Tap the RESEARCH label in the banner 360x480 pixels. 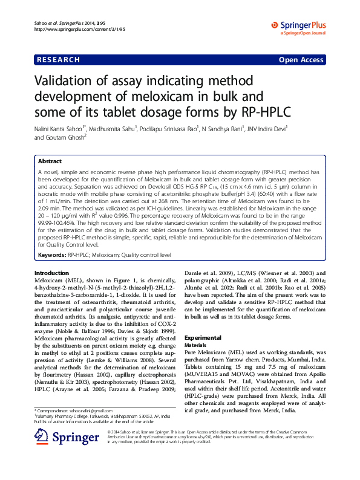(x=59, y=60)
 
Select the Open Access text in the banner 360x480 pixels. (x=300, y=60)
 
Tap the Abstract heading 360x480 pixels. (x=50, y=161)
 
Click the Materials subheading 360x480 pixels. (x=195, y=345)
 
